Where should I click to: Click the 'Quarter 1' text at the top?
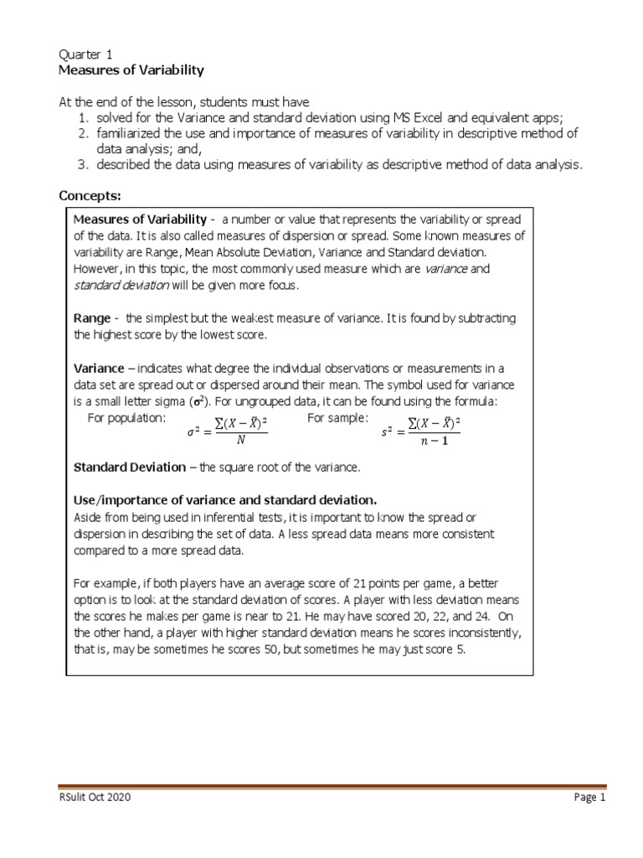point(86,53)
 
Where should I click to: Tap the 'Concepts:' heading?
point(90,196)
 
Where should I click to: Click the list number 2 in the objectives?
point(84,134)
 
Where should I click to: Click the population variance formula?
point(227,432)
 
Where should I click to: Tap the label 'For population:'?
point(127,417)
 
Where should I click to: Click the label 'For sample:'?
point(337,417)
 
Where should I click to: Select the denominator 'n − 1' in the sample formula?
point(434,442)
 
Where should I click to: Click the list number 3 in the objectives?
point(84,165)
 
